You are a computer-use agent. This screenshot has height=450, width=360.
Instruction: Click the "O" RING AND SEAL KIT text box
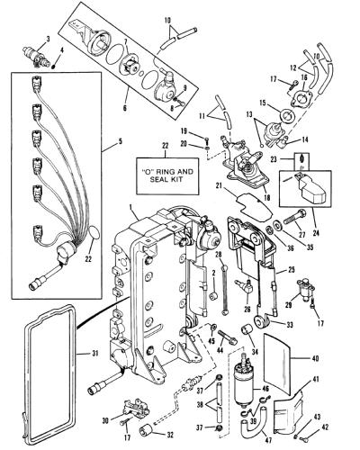coord(168,176)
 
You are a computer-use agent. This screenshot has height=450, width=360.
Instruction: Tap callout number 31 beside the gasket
coord(94,354)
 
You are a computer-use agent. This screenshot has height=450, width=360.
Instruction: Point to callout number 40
coord(315,358)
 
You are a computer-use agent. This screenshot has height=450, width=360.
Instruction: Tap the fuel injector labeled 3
coord(35,55)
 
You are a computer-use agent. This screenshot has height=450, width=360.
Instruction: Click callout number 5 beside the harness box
coord(121,141)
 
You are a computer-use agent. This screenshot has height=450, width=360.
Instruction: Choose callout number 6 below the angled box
coord(125,106)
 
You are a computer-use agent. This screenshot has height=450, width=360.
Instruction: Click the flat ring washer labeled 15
coord(288,115)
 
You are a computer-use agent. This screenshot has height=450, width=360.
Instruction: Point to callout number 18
coord(266,197)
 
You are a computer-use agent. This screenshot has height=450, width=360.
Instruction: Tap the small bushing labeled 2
coord(214,296)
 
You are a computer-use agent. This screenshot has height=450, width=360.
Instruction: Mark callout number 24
coord(316,232)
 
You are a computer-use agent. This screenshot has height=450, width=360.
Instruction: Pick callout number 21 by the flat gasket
coord(219,186)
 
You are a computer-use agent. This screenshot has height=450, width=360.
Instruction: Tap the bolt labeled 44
coord(228,337)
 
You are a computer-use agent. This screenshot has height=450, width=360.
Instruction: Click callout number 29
coord(288,305)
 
